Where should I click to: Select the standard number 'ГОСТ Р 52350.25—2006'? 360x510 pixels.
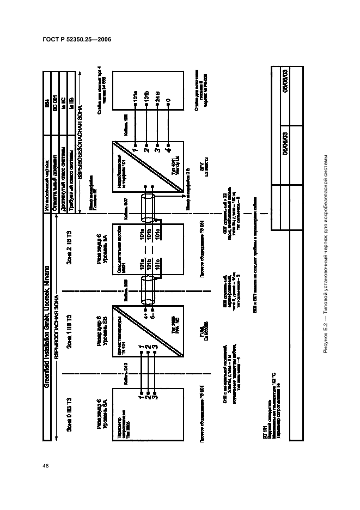tap(68, 41)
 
